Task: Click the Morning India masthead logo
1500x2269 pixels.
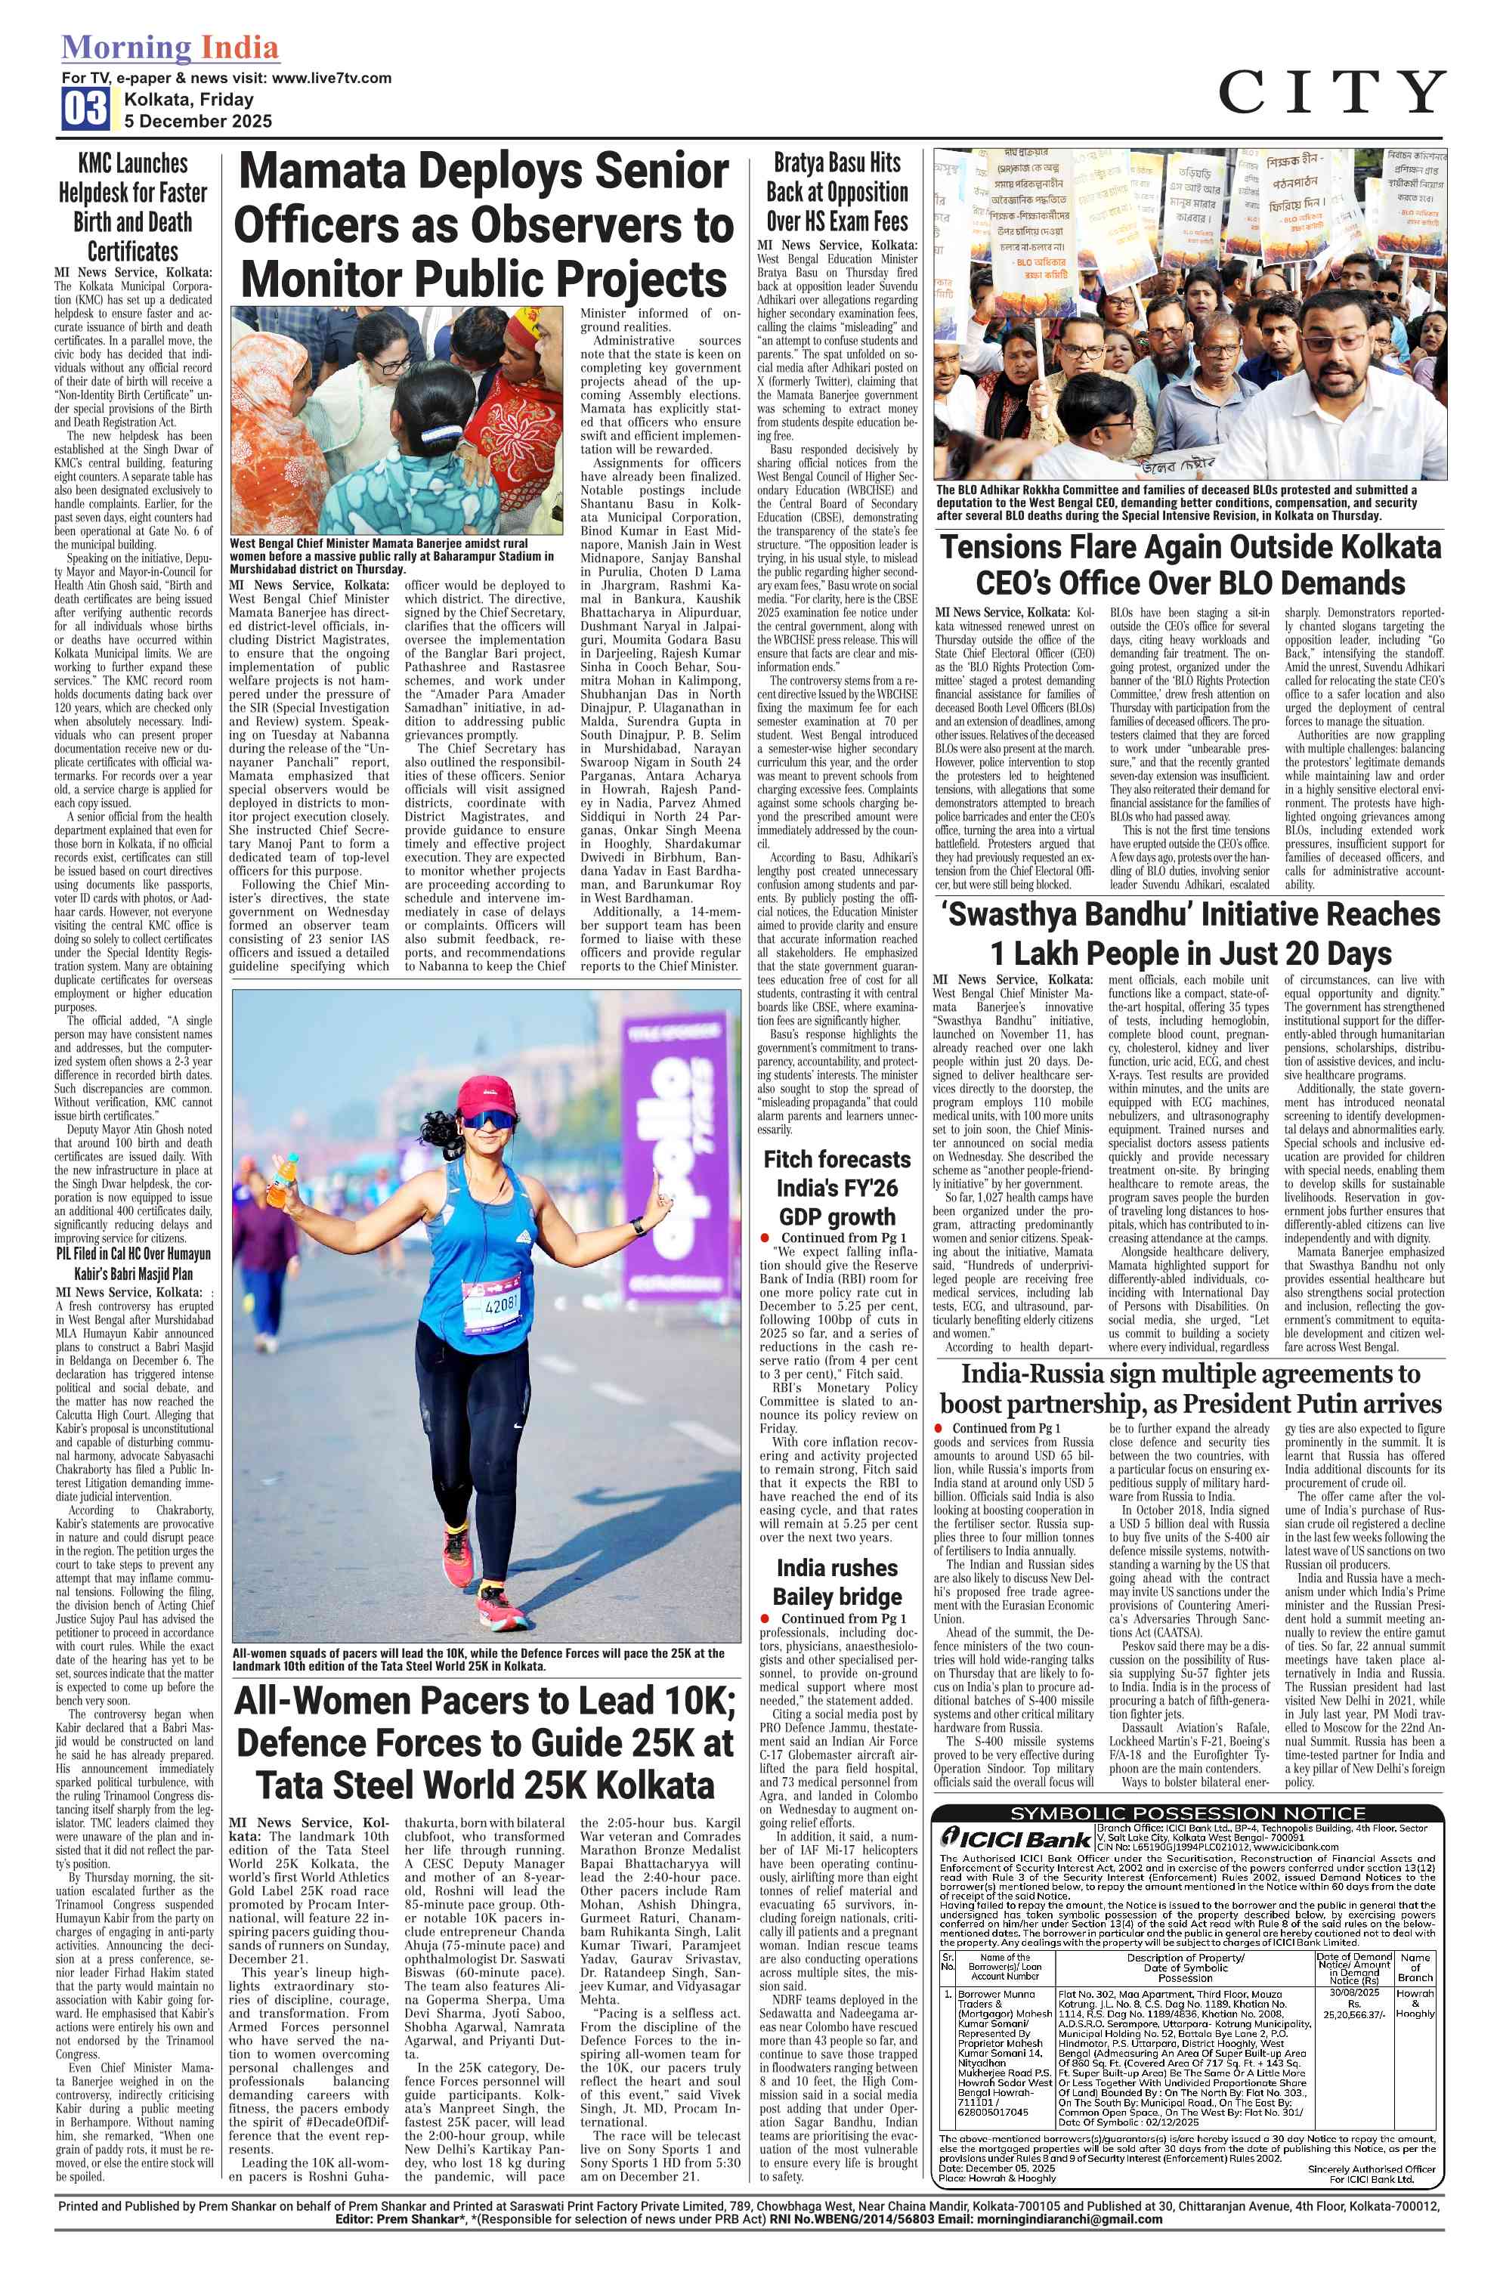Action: tap(170, 47)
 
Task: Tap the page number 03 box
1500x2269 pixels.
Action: tap(86, 108)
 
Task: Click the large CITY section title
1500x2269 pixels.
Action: tap(1331, 93)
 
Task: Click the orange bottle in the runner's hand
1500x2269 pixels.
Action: tap(282, 1179)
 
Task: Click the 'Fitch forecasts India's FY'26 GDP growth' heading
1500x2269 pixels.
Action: tap(837, 1187)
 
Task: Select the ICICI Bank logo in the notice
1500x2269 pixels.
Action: tap(1016, 1838)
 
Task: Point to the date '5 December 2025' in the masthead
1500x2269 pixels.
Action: tap(198, 122)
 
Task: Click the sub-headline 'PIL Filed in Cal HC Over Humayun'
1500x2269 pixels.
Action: tap(133, 1253)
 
